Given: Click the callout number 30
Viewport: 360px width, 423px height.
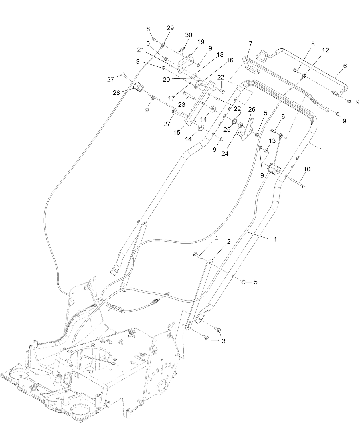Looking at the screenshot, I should [189, 35].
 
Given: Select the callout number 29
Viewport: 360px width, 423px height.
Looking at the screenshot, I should [170, 28].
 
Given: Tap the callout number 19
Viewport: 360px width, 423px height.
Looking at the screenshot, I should [201, 42].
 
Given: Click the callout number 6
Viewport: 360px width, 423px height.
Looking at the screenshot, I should [345, 66].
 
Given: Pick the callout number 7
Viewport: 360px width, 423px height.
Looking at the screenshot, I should [251, 44].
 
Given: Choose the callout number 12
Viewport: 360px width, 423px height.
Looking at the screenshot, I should [325, 50].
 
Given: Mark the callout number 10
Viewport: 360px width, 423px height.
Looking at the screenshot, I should [306, 169].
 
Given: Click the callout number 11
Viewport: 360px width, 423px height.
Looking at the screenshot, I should [274, 239].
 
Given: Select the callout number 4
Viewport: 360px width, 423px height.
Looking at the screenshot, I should [216, 238].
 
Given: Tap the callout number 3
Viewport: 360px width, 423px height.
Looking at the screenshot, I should [223, 341].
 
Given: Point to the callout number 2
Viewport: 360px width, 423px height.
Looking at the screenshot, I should [229, 242].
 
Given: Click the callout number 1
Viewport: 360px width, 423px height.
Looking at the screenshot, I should [321, 150].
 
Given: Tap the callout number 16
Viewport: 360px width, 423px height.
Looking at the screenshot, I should [230, 60].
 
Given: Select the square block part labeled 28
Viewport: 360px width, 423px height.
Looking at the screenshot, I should [139, 87].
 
